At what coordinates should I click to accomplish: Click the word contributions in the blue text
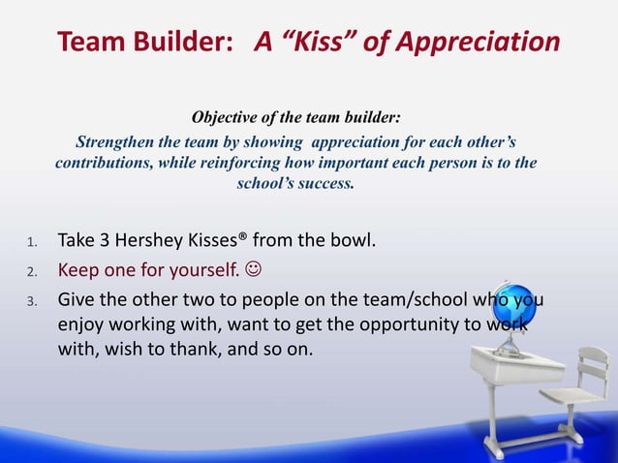(103, 162)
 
